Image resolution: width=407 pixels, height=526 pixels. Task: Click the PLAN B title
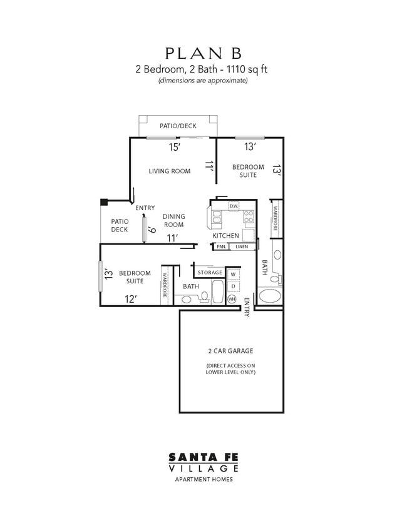point(203,53)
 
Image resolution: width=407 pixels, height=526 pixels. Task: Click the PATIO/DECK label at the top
point(178,126)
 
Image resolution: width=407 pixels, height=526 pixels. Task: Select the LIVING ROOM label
point(169,171)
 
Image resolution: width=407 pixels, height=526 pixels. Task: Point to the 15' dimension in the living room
point(175,148)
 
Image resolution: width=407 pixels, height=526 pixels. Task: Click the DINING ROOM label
point(173,220)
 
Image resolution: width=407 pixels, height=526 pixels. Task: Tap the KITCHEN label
point(225,235)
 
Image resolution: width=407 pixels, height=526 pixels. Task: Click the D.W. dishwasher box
point(233,206)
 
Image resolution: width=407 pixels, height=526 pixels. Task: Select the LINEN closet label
point(242,246)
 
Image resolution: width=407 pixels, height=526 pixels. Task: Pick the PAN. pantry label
point(221,246)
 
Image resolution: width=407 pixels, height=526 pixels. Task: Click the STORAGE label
point(210,273)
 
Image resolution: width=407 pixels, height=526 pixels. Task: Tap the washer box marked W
point(233,274)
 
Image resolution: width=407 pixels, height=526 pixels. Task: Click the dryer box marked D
point(233,286)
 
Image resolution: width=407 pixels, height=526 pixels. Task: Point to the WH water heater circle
point(232,299)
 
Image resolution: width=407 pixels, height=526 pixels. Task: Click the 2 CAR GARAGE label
point(230,351)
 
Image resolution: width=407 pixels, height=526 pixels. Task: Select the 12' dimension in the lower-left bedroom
point(130,299)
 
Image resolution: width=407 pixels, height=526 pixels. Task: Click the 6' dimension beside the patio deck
point(150,230)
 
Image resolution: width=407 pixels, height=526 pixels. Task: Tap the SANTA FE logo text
point(203,458)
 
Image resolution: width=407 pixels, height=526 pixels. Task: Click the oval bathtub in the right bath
point(270,296)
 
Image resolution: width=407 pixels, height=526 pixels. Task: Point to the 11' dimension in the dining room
point(173,238)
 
